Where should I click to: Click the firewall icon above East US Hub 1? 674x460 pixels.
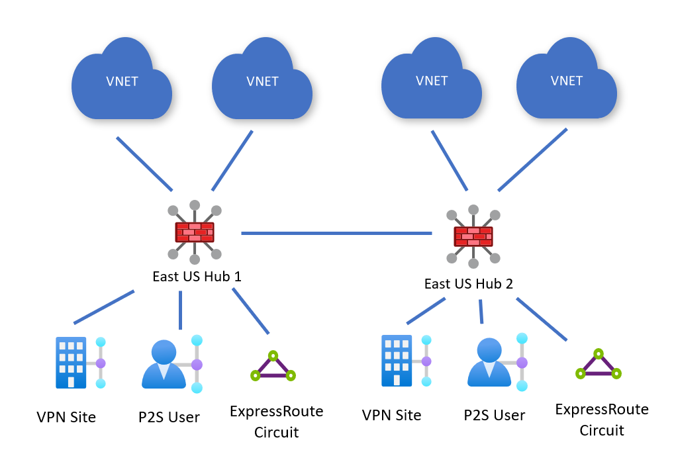click(x=194, y=232)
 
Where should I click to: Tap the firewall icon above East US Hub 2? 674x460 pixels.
click(x=473, y=236)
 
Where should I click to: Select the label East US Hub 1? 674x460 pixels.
click(x=197, y=276)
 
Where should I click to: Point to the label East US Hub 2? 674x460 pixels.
click(x=468, y=284)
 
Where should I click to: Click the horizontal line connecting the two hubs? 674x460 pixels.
click(x=336, y=233)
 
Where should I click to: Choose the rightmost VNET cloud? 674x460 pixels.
click(x=567, y=81)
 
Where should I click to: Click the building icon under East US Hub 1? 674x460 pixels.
click(x=71, y=362)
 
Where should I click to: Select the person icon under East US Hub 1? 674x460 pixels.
click(x=164, y=364)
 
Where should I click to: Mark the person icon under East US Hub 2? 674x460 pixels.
click(x=489, y=362)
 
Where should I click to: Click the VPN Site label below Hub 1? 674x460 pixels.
click(x=66, y=418)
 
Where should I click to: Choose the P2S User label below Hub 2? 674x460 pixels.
click(x=494, y=415)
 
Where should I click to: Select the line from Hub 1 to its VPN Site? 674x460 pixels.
click(x=104, y=307)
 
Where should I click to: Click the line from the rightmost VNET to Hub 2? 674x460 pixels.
click(x=533, y=160)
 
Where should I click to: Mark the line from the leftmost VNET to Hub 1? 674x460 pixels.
click(x=144, y=163)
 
